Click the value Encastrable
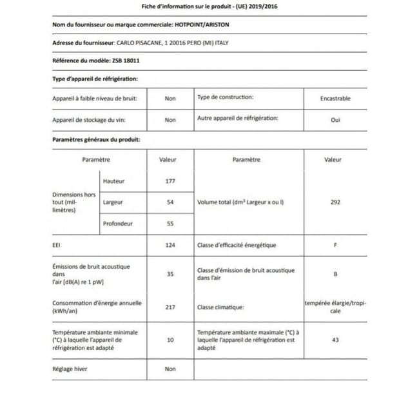335,99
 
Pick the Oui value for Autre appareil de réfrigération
335,120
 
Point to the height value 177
170,181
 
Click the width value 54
170,202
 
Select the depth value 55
170,224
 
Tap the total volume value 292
335,202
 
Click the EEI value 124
170,246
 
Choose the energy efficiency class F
335,246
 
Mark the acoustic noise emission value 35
170,274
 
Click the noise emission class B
335,274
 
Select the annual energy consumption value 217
170,307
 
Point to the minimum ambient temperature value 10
170,339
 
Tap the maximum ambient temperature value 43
335,339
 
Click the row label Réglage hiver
70,369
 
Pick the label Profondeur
118,224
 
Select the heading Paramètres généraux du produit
96,139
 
